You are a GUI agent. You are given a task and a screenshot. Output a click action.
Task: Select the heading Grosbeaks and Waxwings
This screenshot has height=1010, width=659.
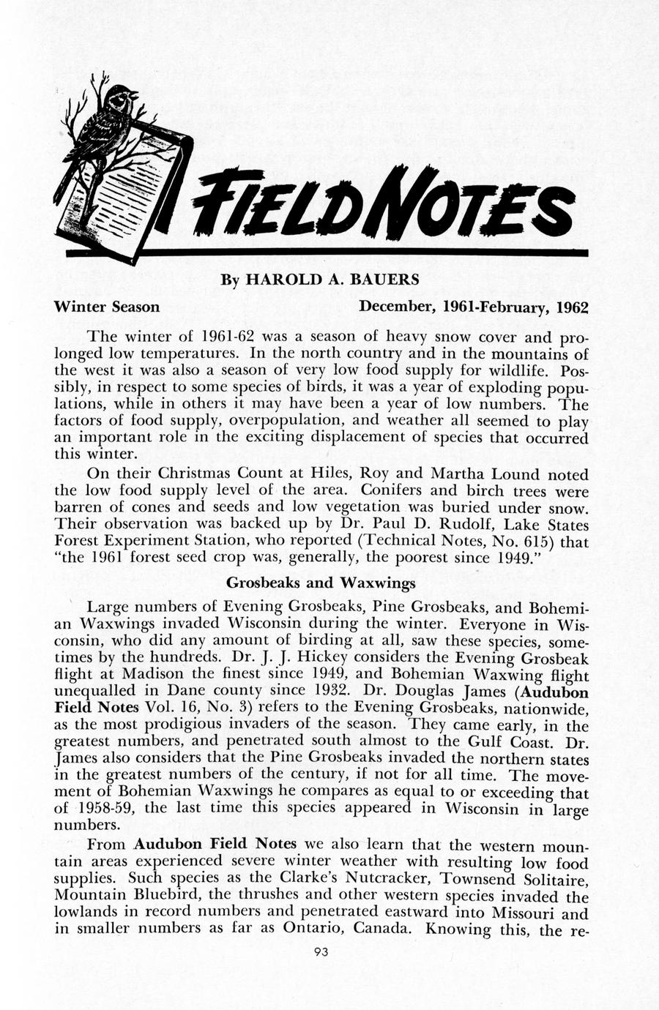coord(321,583)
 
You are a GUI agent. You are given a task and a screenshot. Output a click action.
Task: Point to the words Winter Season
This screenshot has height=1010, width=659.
coord(107,307)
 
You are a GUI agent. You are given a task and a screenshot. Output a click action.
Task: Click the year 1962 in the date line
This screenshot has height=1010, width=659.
coord(573,307)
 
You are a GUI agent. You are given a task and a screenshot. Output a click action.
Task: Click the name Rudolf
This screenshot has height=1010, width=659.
coord(431,524)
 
